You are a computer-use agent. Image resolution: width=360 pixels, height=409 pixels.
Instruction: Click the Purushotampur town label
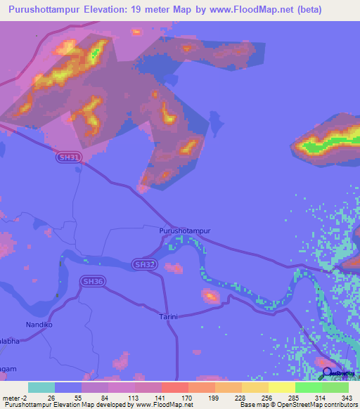185,230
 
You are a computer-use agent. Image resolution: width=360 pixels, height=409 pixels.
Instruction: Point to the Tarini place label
168,316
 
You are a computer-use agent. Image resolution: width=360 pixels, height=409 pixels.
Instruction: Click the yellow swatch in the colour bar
281,387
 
